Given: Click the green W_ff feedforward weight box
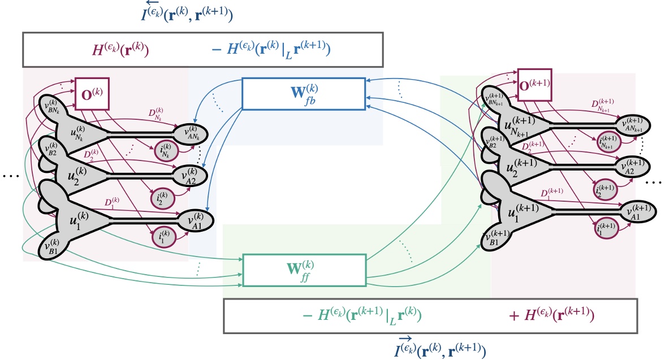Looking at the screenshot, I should pyautogui.click(x=304, y=270).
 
